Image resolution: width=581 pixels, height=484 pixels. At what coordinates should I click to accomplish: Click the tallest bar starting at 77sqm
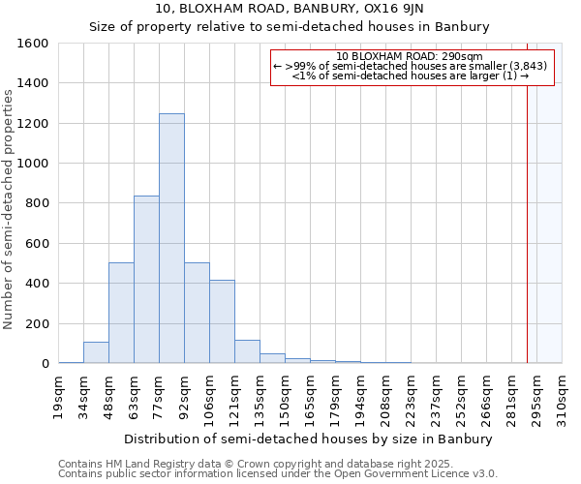[x=171, y=238]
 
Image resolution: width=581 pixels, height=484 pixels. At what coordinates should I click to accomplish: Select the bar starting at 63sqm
[x=146, y=280]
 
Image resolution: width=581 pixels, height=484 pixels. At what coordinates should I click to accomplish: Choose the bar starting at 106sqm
[x=222, y=321]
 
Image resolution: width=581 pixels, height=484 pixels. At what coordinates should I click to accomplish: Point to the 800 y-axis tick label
[x=38, y=203]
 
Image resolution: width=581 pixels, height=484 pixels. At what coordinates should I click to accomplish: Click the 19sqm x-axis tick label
[x=59, y=394]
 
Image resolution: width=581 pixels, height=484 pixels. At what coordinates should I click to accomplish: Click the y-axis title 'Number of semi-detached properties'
[x=9, y=208]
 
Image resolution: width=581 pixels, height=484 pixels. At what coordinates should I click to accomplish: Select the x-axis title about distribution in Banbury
[x=309, y=439]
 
